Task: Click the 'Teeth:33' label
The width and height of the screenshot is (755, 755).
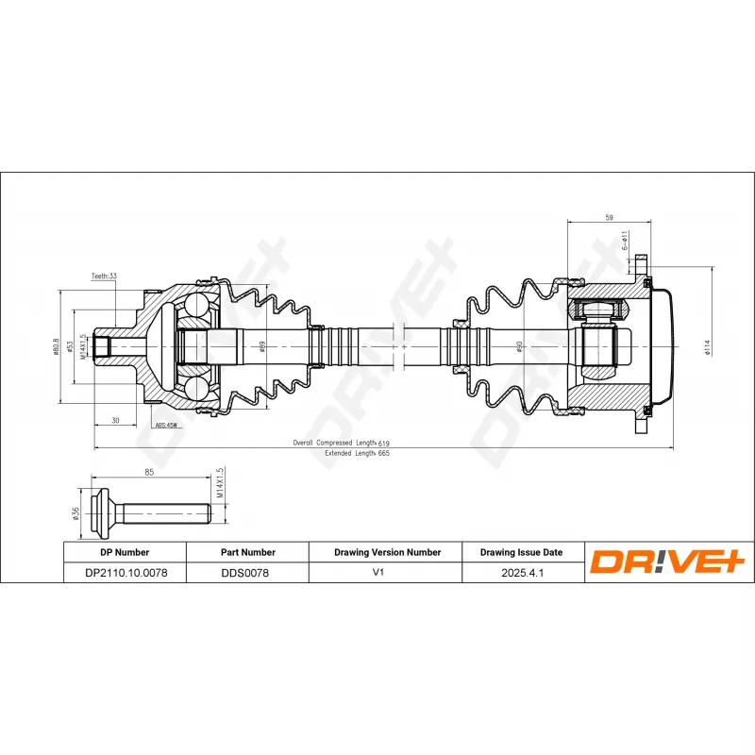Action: [x=104, y=277]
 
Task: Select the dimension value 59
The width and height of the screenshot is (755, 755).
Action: [x=609, y=218]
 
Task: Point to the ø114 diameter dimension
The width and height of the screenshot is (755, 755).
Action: [x=707, y=348]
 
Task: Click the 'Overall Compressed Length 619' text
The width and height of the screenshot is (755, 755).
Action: [x=341, y=442]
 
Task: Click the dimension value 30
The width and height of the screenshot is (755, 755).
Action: [x=114, y=420]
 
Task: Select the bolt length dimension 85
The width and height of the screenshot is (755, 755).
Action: [x=149, y=471]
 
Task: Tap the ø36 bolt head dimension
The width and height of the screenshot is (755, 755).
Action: [x=75, y=514]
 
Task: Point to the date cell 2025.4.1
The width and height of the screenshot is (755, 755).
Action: [x=521, y=572]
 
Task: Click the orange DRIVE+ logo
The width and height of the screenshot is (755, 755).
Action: [x=669, y=562]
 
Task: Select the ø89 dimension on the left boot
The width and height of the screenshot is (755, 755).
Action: [x=261, y=347]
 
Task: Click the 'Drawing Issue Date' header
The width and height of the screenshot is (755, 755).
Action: [x=521, y=552]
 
